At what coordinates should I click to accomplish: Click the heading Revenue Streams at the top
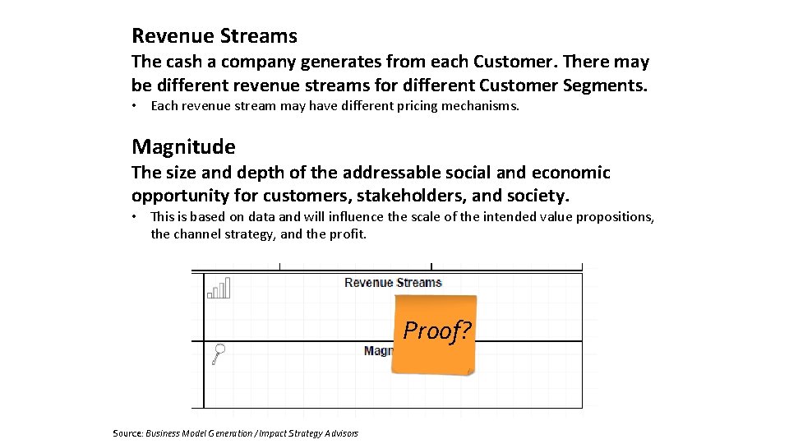click(214, 36)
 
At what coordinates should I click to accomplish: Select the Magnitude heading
click(183, 147)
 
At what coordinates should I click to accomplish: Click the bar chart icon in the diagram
click(219, 288)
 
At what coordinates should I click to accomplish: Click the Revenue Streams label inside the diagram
click(393, 283)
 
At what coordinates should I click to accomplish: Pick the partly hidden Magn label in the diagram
click(378, 351)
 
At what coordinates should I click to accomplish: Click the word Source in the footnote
click(127, 433)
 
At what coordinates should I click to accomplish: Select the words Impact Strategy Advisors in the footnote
click(308, 433)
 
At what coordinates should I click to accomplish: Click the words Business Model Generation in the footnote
click(200, 433)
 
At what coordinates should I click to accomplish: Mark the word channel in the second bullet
click(199, 234)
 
